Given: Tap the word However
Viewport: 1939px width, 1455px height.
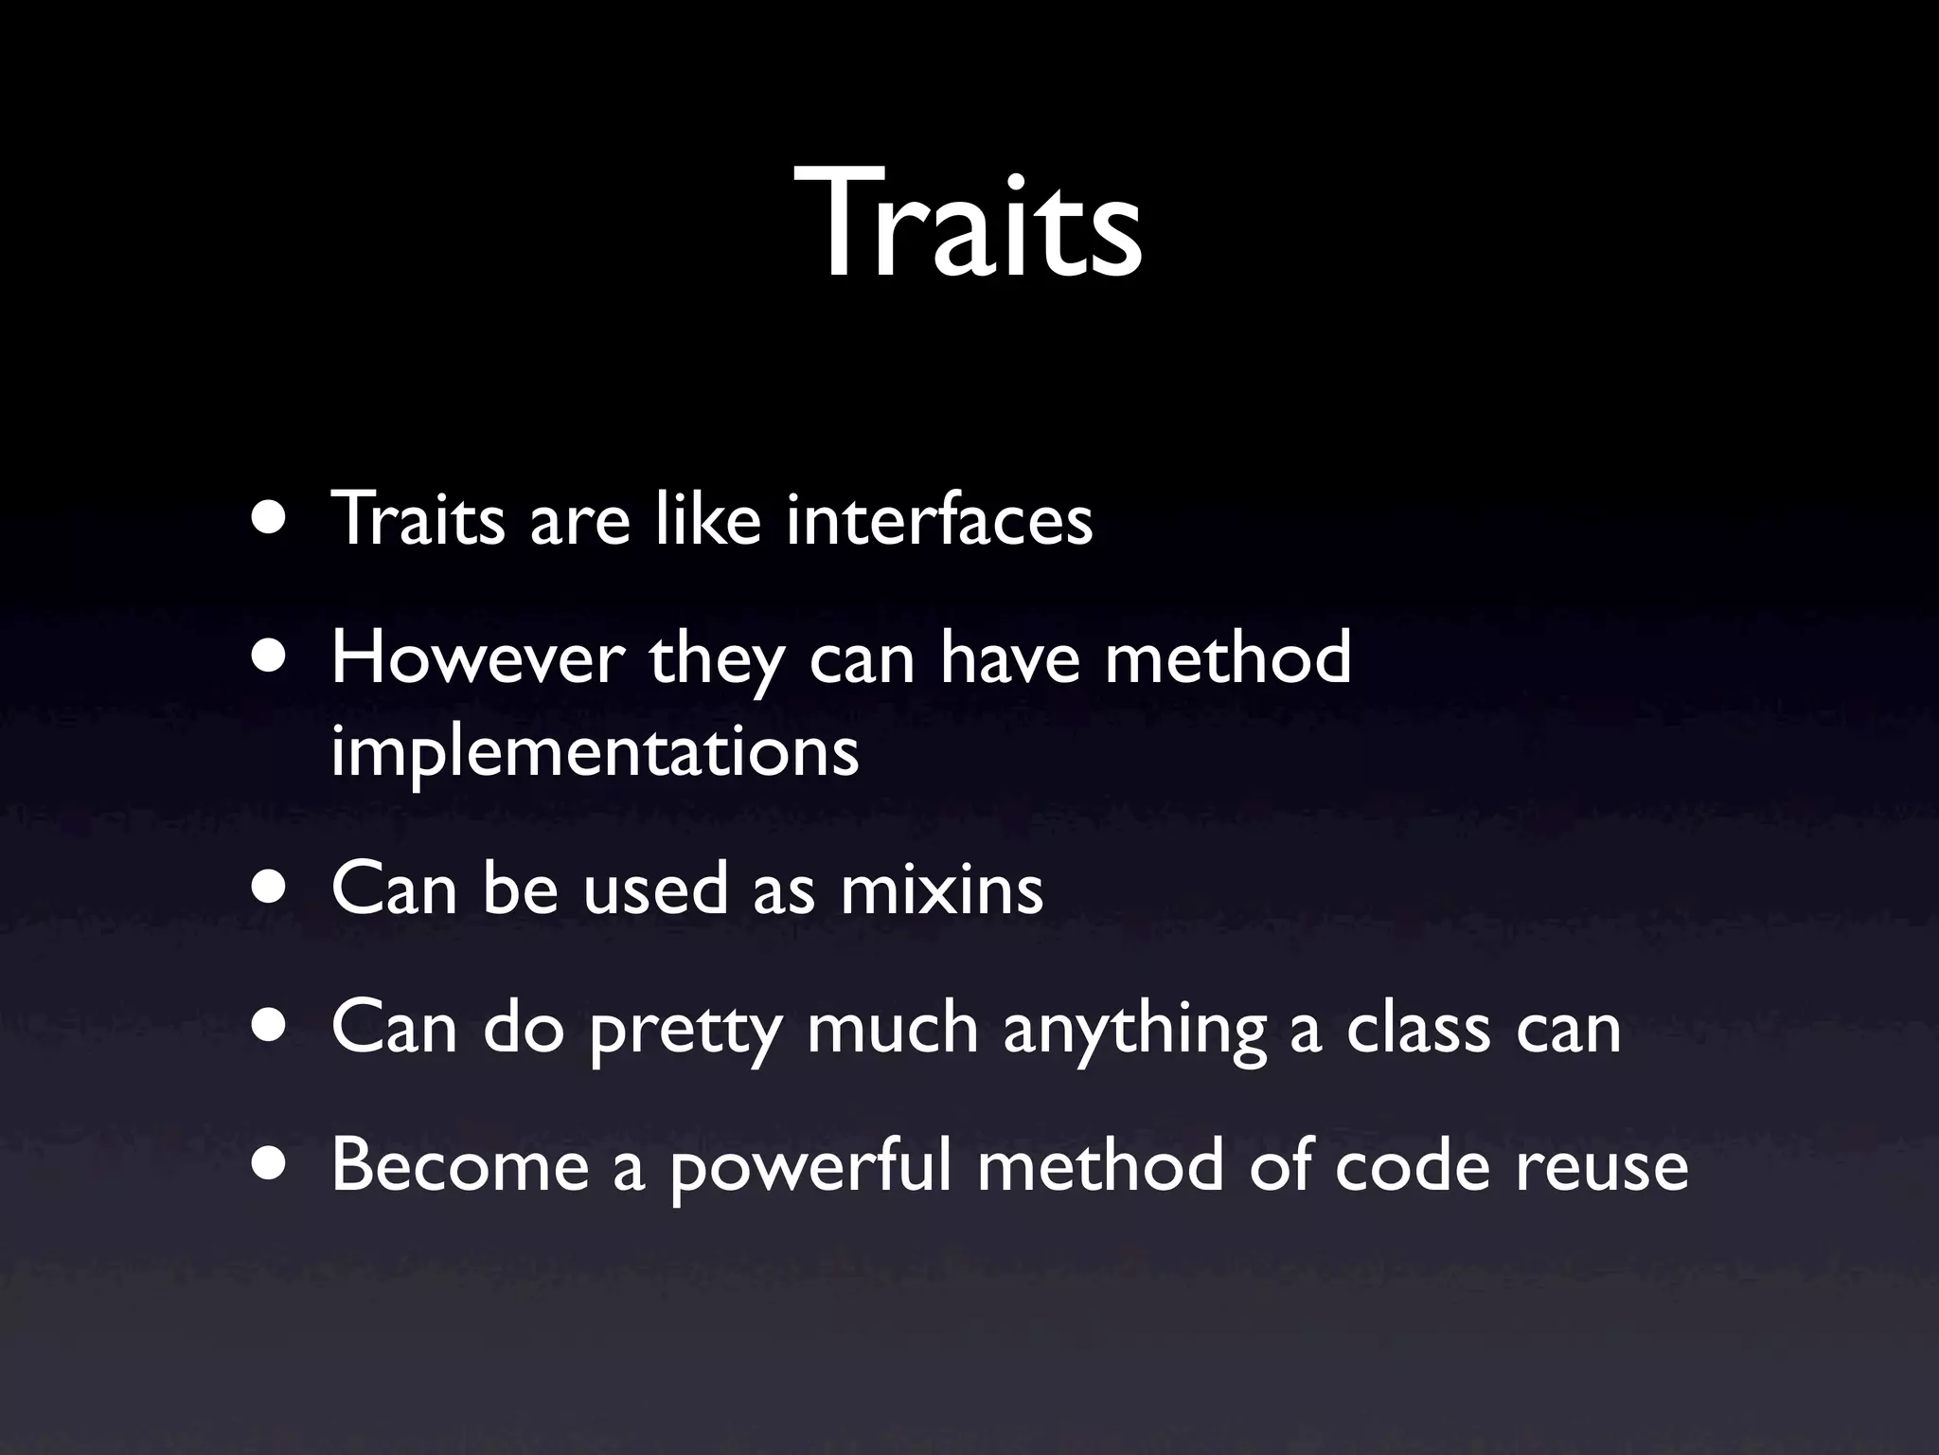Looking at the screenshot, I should point(478,659).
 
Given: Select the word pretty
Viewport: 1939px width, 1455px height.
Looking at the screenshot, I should point(683,1030).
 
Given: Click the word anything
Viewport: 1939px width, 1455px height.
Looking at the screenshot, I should point(1134,1030).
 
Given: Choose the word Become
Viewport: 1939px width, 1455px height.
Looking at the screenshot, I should point(460,1165).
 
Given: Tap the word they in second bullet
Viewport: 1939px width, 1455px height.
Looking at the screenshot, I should point(716,661).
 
